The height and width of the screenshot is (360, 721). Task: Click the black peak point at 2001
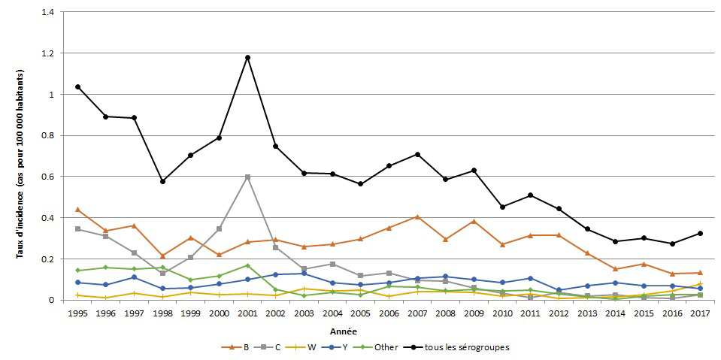[x=247, y=58]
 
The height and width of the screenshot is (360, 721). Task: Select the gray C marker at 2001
[x=247, y=177]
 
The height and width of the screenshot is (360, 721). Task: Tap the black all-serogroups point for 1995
[x=77, y=87]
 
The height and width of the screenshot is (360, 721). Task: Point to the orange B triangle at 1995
[x=77, y=210]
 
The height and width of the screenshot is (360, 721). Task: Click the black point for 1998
[x=162, y=181]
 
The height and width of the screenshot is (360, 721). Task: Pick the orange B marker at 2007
[x=417, y=217]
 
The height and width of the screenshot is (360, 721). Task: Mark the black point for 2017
[x=700, y=233]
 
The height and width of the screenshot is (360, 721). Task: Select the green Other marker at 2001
[x=247, y=265]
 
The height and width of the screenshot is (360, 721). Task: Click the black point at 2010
[x=502, y=207]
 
